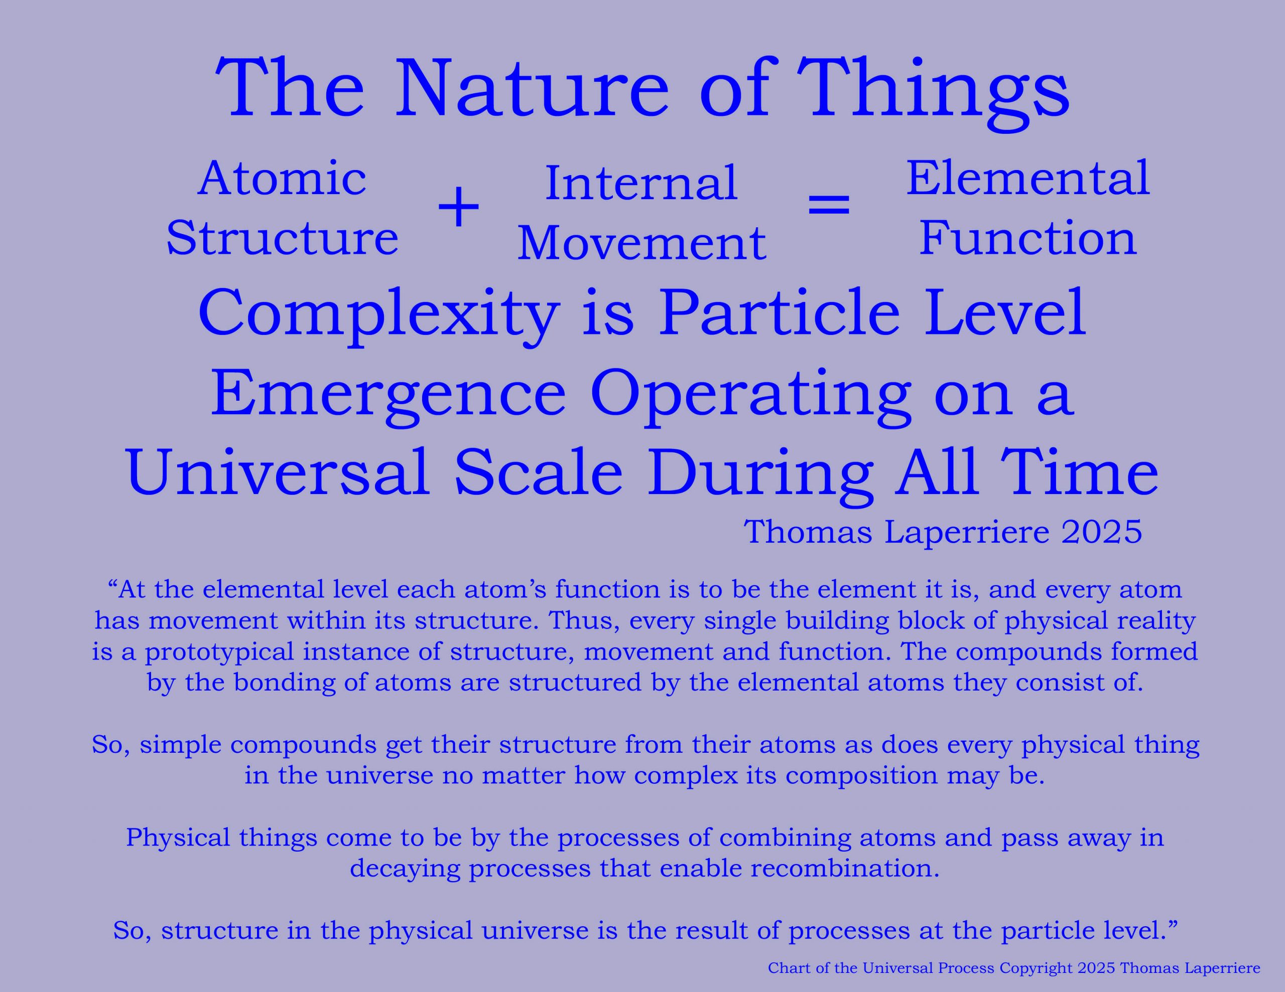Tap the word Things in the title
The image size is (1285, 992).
pos(933,94)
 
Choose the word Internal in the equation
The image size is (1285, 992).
pos(641,184)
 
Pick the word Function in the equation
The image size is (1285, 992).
pos(1028,238)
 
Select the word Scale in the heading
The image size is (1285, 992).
pos(539,473)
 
